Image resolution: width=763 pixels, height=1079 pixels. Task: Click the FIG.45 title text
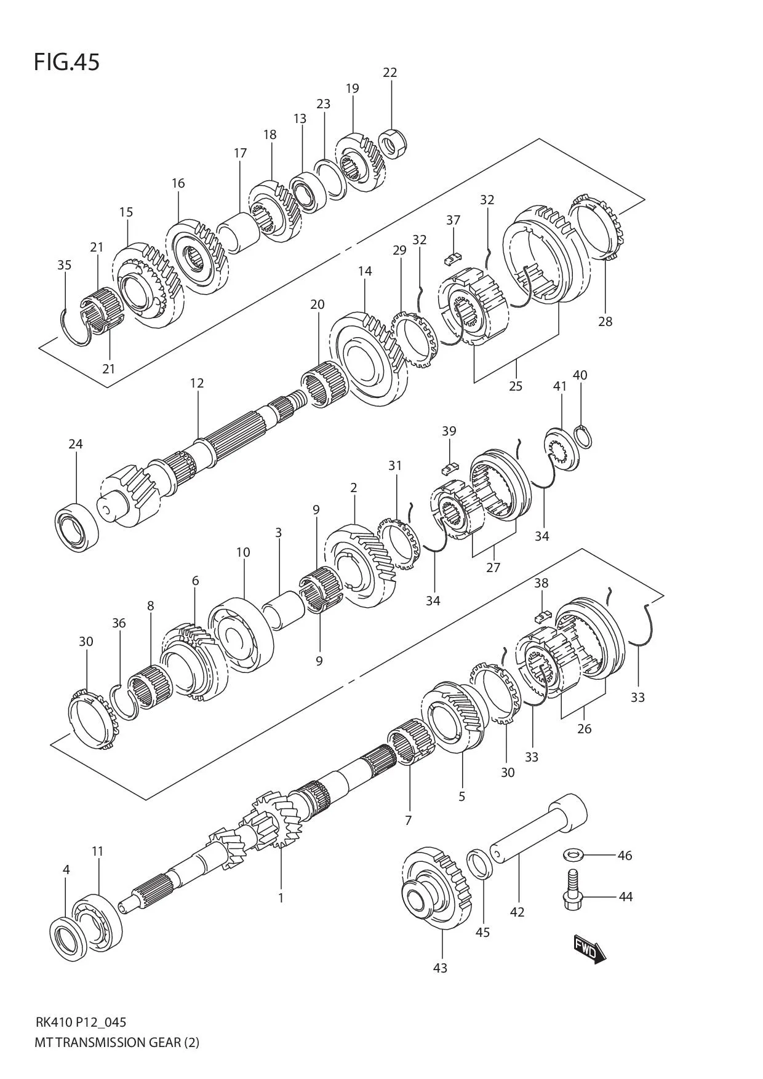click(66, 62)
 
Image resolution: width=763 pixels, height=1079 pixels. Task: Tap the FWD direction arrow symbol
click(589, 949)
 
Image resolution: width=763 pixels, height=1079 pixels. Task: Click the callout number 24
click(75, 444)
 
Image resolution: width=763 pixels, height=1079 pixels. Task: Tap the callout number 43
click(440, 968)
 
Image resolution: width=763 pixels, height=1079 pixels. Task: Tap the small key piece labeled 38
click(541, 614)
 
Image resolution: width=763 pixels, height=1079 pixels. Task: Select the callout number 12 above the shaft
click(196, 383)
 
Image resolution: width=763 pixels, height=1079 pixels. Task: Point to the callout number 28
click(605, 321)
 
